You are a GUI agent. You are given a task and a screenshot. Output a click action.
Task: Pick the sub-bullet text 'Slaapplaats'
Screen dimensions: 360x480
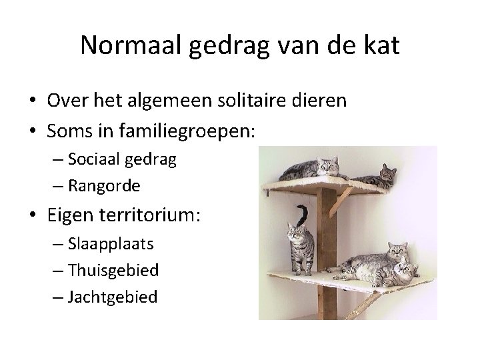coord(110,243)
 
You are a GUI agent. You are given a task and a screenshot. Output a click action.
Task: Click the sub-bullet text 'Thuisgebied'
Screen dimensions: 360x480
coord(113,270)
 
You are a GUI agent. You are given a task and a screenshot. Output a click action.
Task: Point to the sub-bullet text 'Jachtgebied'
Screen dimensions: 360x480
coord(112,296)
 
